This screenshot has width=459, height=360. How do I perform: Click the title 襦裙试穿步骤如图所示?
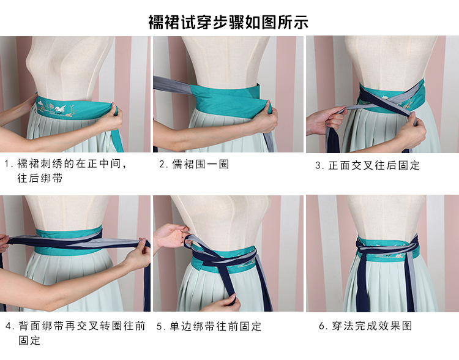pos(228,22)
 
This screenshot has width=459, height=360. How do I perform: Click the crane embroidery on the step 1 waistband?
pos(61,108)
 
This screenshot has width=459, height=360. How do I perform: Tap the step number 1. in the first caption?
pos(8,163)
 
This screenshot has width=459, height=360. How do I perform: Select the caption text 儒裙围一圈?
pos(201,164)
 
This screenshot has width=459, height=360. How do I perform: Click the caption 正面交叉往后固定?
pos(374,165)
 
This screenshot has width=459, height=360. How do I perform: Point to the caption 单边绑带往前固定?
pos(216,326)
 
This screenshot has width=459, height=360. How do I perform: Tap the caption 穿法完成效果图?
pos(372,326)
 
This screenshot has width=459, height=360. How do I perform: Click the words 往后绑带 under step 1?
pos(40,178)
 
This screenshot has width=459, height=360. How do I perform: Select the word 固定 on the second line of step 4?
pos(29,340)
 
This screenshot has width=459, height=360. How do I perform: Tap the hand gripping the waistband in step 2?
pos(265,117)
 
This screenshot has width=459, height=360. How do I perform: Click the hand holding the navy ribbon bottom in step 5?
pos(225,303)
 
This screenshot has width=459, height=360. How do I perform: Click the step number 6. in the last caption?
pos(323,326)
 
